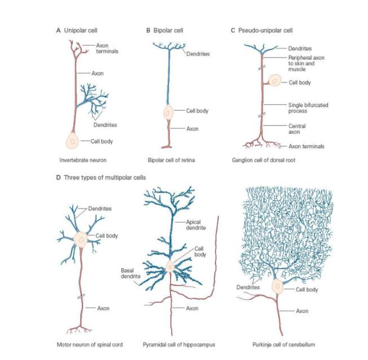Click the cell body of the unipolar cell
point(73,141)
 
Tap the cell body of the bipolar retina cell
point(168,113)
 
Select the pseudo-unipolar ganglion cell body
point(275,80)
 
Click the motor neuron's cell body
point(80,240)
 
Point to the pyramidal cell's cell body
point(170,266)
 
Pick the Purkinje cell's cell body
point(277,286)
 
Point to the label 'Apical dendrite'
point(196,225)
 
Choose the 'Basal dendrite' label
point(131,273)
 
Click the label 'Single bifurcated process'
point(308,108)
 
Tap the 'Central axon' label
point(297,129)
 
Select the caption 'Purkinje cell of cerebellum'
point(284,345)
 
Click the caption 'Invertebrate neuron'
point(83,160)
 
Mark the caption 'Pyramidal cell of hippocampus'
point(179,345)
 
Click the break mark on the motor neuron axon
point(81,297)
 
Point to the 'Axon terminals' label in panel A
point(107,48)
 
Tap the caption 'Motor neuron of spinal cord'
point(90,345)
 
